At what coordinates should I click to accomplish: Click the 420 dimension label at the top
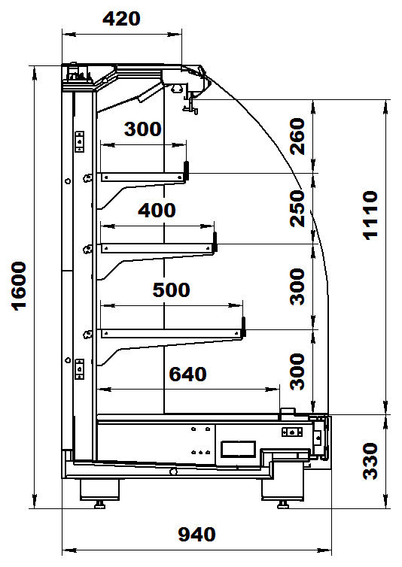pos(121,19)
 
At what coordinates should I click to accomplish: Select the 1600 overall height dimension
pos(19,286)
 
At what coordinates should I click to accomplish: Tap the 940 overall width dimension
pos(196,535)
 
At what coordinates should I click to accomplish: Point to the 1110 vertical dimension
pos(370,215)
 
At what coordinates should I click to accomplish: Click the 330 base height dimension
pos(370,462)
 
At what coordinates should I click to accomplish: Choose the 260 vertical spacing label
pos(297,136)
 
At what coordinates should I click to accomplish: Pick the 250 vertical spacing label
pos(297,208)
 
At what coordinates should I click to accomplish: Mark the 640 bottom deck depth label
pos(187,374)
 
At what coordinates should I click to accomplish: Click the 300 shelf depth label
pos(143,129)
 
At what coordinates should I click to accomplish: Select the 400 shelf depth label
pos(157,210)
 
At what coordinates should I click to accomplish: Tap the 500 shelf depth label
pos(172,290)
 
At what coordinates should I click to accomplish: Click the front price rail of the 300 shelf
pos(187,171)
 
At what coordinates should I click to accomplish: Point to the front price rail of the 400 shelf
pos(215,241)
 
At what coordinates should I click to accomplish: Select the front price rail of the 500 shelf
pos(244,327)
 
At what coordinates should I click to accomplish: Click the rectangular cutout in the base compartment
pos(239,449)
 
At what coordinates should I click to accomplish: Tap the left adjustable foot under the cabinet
pos(99,505)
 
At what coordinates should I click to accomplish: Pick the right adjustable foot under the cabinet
pos(283,505)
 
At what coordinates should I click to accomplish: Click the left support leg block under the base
pos(99,490)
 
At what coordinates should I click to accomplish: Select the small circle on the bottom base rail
pos(173,471)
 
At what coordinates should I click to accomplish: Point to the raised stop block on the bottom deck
pos(288,413)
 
